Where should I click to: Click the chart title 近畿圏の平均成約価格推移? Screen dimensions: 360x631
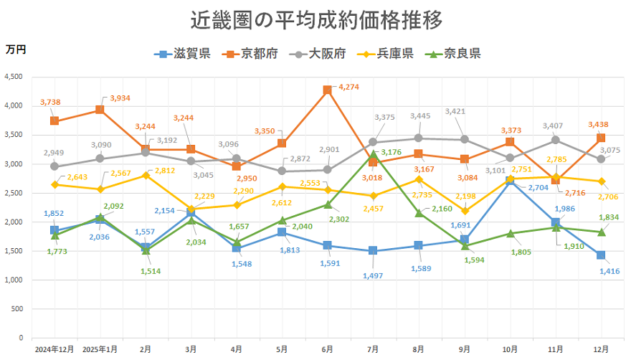click(x=316, y=19)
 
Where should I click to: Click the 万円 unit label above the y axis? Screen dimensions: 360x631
click(x=16, y=49)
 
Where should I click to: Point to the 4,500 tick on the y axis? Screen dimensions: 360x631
click(x=14, y=77)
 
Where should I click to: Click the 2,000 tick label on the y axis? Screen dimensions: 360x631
click(x=14, y=222)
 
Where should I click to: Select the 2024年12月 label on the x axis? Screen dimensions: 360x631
click(x=54, y=349)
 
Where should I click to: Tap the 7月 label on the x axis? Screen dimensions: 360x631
click(x=374, y=349)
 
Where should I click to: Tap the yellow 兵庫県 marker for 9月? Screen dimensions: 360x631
click(x=465, y=211)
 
